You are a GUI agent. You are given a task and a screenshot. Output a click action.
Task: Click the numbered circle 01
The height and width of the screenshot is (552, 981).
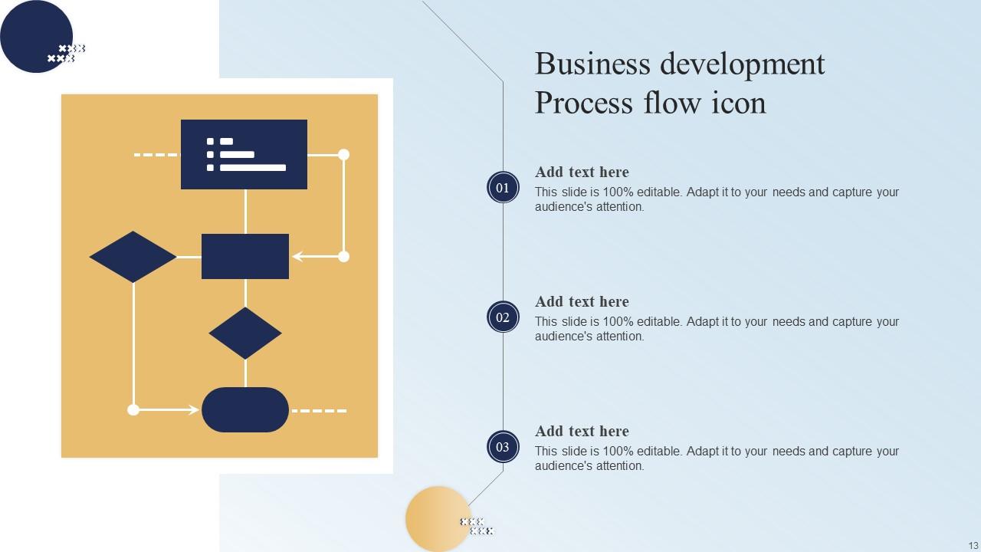tap(503, 188)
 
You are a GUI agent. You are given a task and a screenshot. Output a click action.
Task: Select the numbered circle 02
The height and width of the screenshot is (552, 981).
tap(503, 317)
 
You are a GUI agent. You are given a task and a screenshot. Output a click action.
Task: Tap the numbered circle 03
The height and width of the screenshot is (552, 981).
tap(503, 447)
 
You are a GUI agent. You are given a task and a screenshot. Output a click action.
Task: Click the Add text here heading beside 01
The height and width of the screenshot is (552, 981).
tap(582, 172)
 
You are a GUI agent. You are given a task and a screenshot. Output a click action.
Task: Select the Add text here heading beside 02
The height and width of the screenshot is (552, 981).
tap(582, 302)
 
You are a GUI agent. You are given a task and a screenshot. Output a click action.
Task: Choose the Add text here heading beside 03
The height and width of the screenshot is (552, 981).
tap(582, 432)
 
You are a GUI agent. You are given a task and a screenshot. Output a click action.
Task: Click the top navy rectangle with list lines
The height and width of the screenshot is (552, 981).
tap(244, 154)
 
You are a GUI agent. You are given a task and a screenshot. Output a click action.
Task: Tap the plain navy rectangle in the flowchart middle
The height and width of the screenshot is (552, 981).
tap(245, 256)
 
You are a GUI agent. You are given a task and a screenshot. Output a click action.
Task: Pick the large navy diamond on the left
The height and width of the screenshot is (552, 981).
tap(133, 257)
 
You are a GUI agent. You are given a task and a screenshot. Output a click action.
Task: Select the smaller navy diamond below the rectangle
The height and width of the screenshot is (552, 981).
tap(245, 333)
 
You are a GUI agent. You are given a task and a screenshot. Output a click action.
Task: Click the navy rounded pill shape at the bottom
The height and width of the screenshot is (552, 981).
tap(245, 410)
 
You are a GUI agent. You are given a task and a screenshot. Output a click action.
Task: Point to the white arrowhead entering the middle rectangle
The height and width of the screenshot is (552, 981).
tap(297, 257)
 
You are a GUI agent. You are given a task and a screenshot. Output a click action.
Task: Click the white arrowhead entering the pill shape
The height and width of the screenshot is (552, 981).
tap(194, 410)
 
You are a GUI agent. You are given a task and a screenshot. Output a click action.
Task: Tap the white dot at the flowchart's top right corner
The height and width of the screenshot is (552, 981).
tap(344, 155)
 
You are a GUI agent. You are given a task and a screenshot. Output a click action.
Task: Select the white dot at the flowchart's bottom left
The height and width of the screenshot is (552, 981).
tap(133, 410)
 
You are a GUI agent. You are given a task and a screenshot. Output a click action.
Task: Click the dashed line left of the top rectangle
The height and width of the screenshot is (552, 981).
tap(156, 155)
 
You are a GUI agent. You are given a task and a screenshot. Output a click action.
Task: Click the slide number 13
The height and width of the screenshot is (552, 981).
tap(973, 545)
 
